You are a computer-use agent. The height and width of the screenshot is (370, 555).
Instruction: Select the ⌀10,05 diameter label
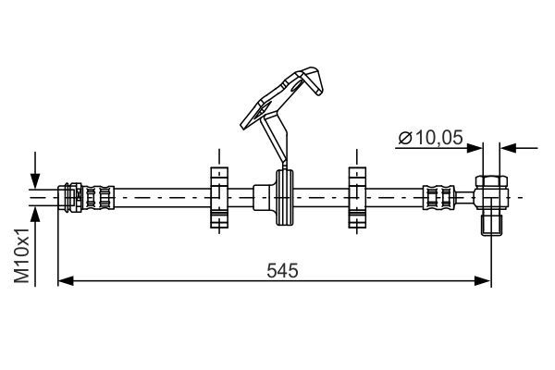point(431,139)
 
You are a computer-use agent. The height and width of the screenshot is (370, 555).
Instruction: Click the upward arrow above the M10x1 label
point(35,214)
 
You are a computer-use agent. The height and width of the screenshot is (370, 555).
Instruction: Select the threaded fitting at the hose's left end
point(88,197)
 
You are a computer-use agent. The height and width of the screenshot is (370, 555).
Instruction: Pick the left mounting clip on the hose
point(218,196)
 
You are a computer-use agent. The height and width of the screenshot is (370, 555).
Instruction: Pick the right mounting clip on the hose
point(356,196)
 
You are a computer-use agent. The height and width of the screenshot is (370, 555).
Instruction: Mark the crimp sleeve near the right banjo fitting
point(439,197)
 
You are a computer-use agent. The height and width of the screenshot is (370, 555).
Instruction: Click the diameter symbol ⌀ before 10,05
point(404,139)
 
